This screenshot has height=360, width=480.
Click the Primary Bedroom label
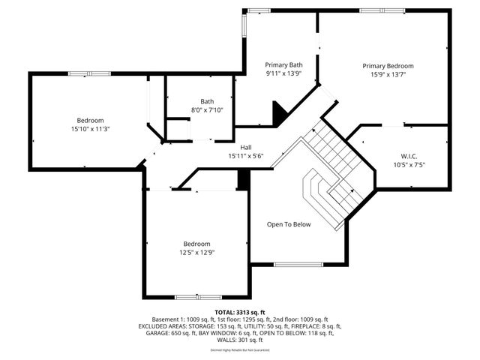(388, 66)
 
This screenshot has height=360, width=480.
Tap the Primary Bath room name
(283, 65)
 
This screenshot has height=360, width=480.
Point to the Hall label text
(246, 147)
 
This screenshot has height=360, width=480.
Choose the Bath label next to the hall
(207, 102)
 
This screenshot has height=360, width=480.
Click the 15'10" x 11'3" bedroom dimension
(89, 129)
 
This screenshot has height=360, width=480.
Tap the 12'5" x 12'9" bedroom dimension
(197, 253)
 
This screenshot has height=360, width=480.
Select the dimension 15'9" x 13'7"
(388, 75)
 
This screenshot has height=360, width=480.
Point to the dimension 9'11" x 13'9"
(283, 74)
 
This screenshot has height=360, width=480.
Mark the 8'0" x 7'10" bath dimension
(207, 110)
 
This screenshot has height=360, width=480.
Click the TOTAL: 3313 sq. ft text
(240, 312)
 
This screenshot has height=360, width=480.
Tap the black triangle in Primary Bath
(280, 115)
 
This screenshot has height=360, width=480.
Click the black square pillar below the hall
(243, 180)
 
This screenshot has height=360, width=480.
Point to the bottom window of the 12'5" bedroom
(198, 297)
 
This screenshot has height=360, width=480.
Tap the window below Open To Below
(298, 264)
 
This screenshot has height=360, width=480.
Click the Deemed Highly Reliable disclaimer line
(240, 350)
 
